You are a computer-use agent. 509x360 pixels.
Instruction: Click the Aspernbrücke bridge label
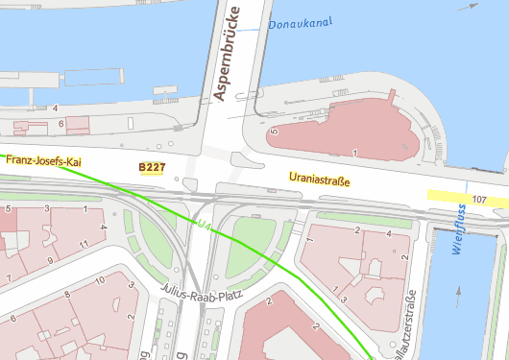point(231,52)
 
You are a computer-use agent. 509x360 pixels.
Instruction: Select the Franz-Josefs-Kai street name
point(45,161)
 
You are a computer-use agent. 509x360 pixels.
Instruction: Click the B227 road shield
point(152,168)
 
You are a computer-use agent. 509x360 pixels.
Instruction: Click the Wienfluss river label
point(460,233)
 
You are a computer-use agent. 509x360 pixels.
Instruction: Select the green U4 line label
point(203,225)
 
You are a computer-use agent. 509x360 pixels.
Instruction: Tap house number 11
point(84,245)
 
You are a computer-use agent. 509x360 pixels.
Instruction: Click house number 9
point(50,261)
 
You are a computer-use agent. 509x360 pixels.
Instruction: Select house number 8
point(65,296)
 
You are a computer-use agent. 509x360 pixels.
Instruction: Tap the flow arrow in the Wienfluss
point(460,291)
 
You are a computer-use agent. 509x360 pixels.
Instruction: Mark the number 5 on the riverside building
point(274,132)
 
